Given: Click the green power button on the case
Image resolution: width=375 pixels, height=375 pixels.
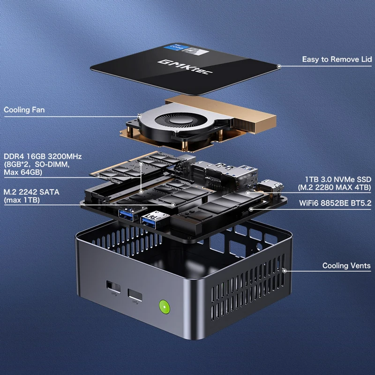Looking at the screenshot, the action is (165, 307).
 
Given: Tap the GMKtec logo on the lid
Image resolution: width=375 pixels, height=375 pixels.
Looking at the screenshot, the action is (185, 67).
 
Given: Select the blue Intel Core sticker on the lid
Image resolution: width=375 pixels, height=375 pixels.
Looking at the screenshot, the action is (174, 48).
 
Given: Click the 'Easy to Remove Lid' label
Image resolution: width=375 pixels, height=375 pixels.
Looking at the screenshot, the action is (337, 59).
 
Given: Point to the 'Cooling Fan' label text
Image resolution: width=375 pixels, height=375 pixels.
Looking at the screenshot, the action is (24, 110).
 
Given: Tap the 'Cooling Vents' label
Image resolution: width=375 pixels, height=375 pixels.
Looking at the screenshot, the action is (346, 265).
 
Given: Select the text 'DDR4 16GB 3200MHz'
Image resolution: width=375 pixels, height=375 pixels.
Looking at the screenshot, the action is (43, 157).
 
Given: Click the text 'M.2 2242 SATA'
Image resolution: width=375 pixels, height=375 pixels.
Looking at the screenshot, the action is (31, 192).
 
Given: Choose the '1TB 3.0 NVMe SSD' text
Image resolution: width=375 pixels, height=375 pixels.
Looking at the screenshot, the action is (338, 180).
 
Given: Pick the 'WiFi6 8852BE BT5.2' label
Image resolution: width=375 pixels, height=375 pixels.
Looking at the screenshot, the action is (335, 203).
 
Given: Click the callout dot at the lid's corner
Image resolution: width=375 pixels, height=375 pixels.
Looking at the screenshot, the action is (279, 66).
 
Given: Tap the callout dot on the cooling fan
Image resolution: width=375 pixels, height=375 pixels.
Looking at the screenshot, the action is (139, 116).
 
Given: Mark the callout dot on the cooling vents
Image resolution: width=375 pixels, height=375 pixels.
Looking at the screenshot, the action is (285, 271).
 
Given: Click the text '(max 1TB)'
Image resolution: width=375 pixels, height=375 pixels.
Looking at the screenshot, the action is (22, 200).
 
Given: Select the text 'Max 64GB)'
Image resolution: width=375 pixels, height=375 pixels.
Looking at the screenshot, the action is (23, 172).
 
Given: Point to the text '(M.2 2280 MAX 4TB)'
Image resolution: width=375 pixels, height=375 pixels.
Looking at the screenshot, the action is (335, 187).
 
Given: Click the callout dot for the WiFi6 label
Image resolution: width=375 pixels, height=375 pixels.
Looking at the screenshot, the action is (251, 209).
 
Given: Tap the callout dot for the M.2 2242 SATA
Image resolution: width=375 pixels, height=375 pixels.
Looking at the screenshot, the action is (173, 205).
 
